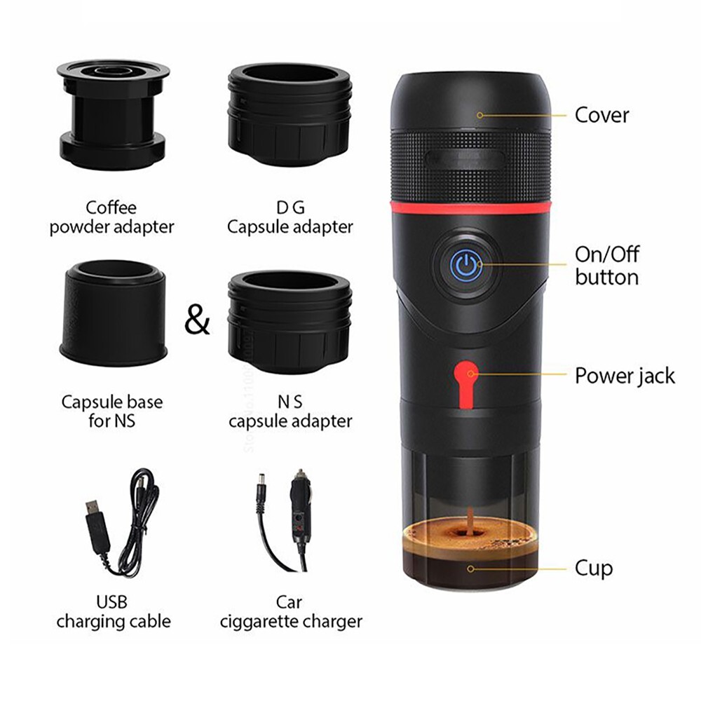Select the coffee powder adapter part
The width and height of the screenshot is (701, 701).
(111, 109)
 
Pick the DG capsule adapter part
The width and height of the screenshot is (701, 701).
(289, 112)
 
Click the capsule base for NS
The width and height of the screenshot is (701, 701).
(113, 312)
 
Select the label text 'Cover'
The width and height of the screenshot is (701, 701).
(601, 114)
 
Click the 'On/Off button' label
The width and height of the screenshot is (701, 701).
(607, 266)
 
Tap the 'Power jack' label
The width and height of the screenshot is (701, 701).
(625, 375)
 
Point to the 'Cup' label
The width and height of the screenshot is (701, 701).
(594, 568)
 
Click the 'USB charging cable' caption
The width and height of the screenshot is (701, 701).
(113, 611)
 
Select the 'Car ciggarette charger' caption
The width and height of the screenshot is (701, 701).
(290, 611)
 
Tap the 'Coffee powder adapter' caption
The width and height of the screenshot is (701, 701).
(111, 217)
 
